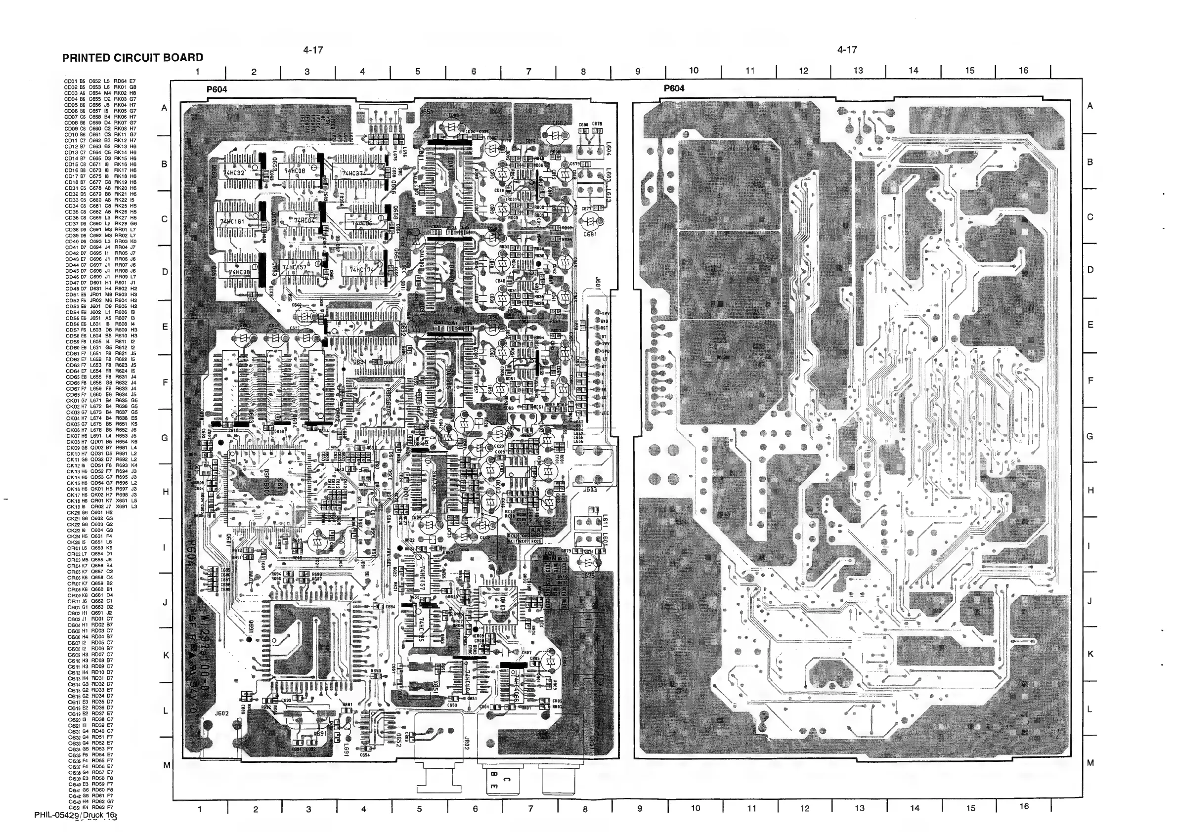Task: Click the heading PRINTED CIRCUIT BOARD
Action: [x=133, y=58]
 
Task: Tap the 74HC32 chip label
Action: [x=233, y=173]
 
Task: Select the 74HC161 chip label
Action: [x=232, y=222]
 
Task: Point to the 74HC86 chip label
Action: [x=358, y=223]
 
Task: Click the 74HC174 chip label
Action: [x=362, y=269]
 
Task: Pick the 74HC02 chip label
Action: [x=305, y=220]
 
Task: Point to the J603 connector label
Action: [x=590, y=490]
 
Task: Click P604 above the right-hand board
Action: [x=674, y=88]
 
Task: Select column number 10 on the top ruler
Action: [x=693, y=71]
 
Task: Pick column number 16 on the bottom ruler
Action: [x=1023, y=806]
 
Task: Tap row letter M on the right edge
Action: [x=1090, y=763]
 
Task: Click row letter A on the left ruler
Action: [x=165, y=108]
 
